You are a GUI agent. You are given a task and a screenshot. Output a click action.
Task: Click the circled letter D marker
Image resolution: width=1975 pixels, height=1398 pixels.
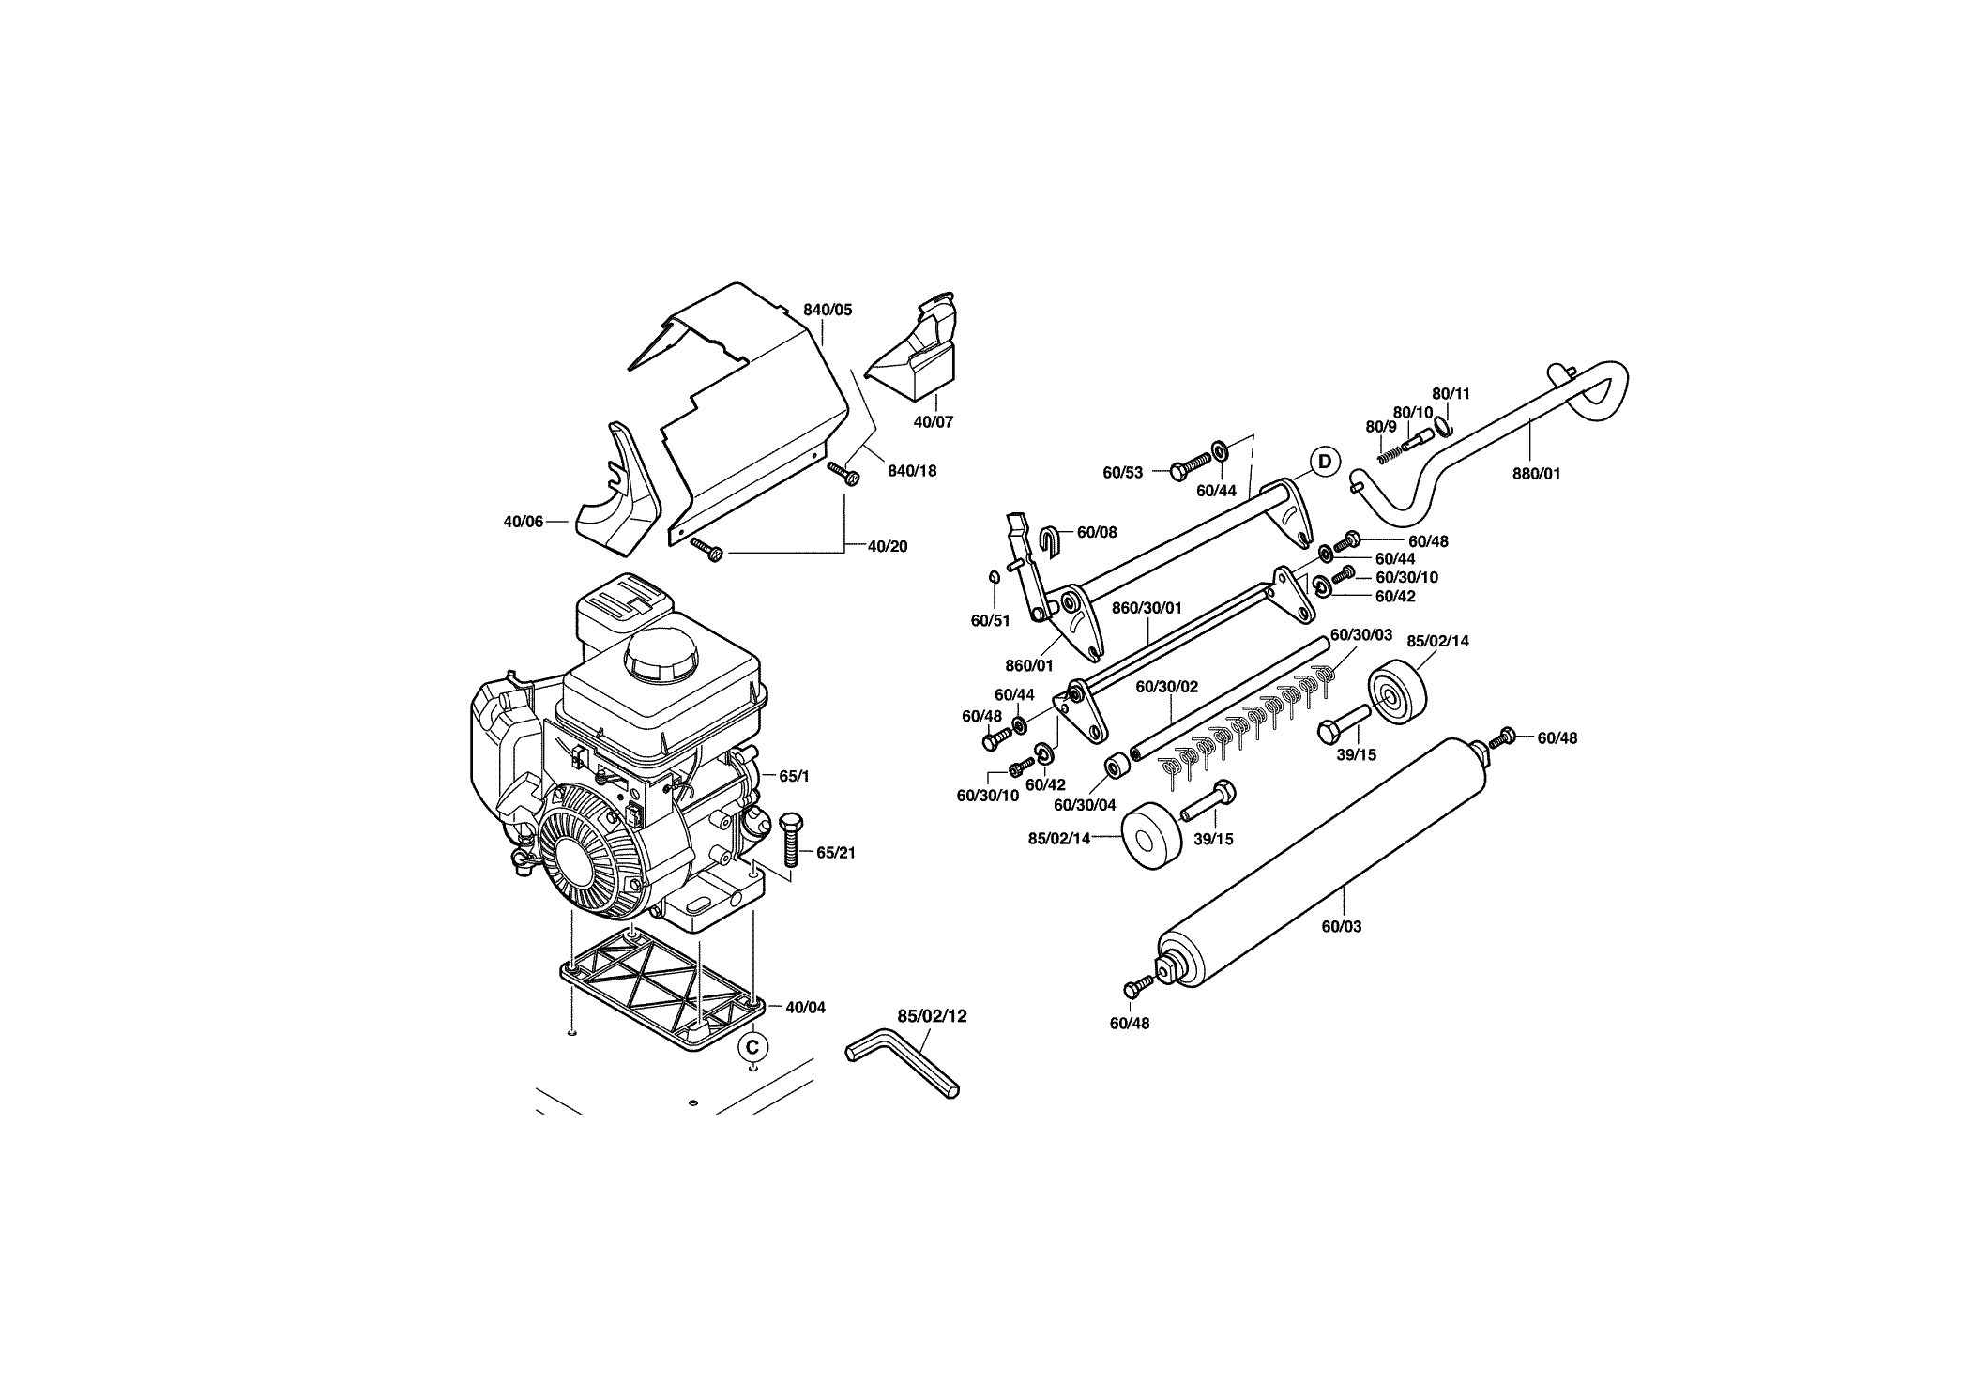pos(1324,461)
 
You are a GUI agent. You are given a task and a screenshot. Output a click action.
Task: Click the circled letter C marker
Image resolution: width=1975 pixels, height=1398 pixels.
pos(752,1045)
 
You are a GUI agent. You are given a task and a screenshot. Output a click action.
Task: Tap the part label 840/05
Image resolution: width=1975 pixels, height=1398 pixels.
pos(828,310)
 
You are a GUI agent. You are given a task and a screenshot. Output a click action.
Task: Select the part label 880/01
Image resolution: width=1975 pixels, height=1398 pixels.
pos(1537,474)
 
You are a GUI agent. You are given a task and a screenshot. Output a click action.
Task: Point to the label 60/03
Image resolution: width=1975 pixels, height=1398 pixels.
pos(1342,927)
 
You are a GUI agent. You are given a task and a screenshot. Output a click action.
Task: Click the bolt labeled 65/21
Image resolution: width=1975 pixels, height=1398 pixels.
pos(790,841)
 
